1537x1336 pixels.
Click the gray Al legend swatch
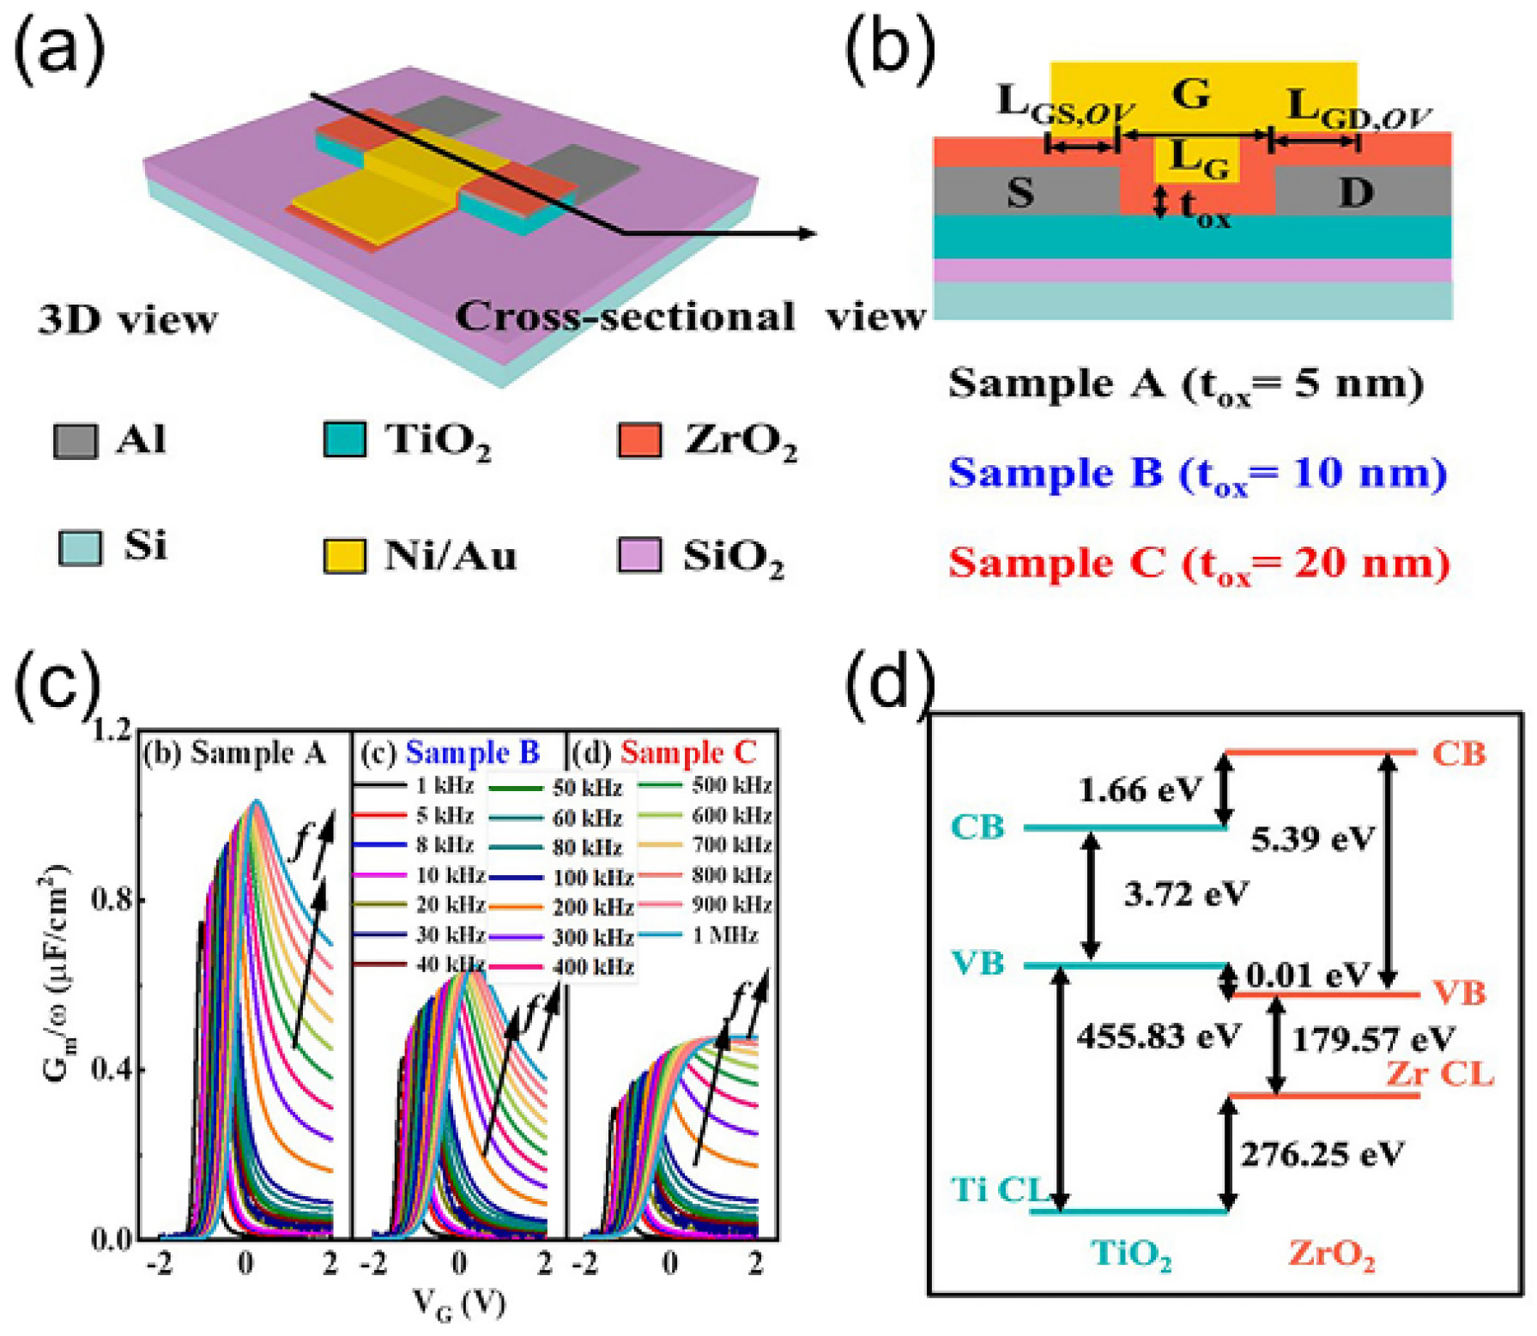click(75, 441)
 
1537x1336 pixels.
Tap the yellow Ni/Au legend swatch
click(344, 555)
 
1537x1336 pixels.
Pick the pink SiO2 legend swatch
click(639, 554)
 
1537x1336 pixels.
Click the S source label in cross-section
click(1020, 193)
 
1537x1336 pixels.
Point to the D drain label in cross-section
click(1356, 193)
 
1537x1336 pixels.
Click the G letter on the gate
click(1191, 93)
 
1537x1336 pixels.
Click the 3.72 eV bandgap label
click(1185, 895)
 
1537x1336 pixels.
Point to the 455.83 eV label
click(1159, 1037)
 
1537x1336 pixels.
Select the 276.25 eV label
click(1322, 1154)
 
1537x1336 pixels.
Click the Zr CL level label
click(1439, 1073)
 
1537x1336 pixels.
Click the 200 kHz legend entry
click(592, 907)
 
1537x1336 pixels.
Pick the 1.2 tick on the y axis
click(112, 731)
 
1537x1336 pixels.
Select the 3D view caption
click(128, 320)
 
